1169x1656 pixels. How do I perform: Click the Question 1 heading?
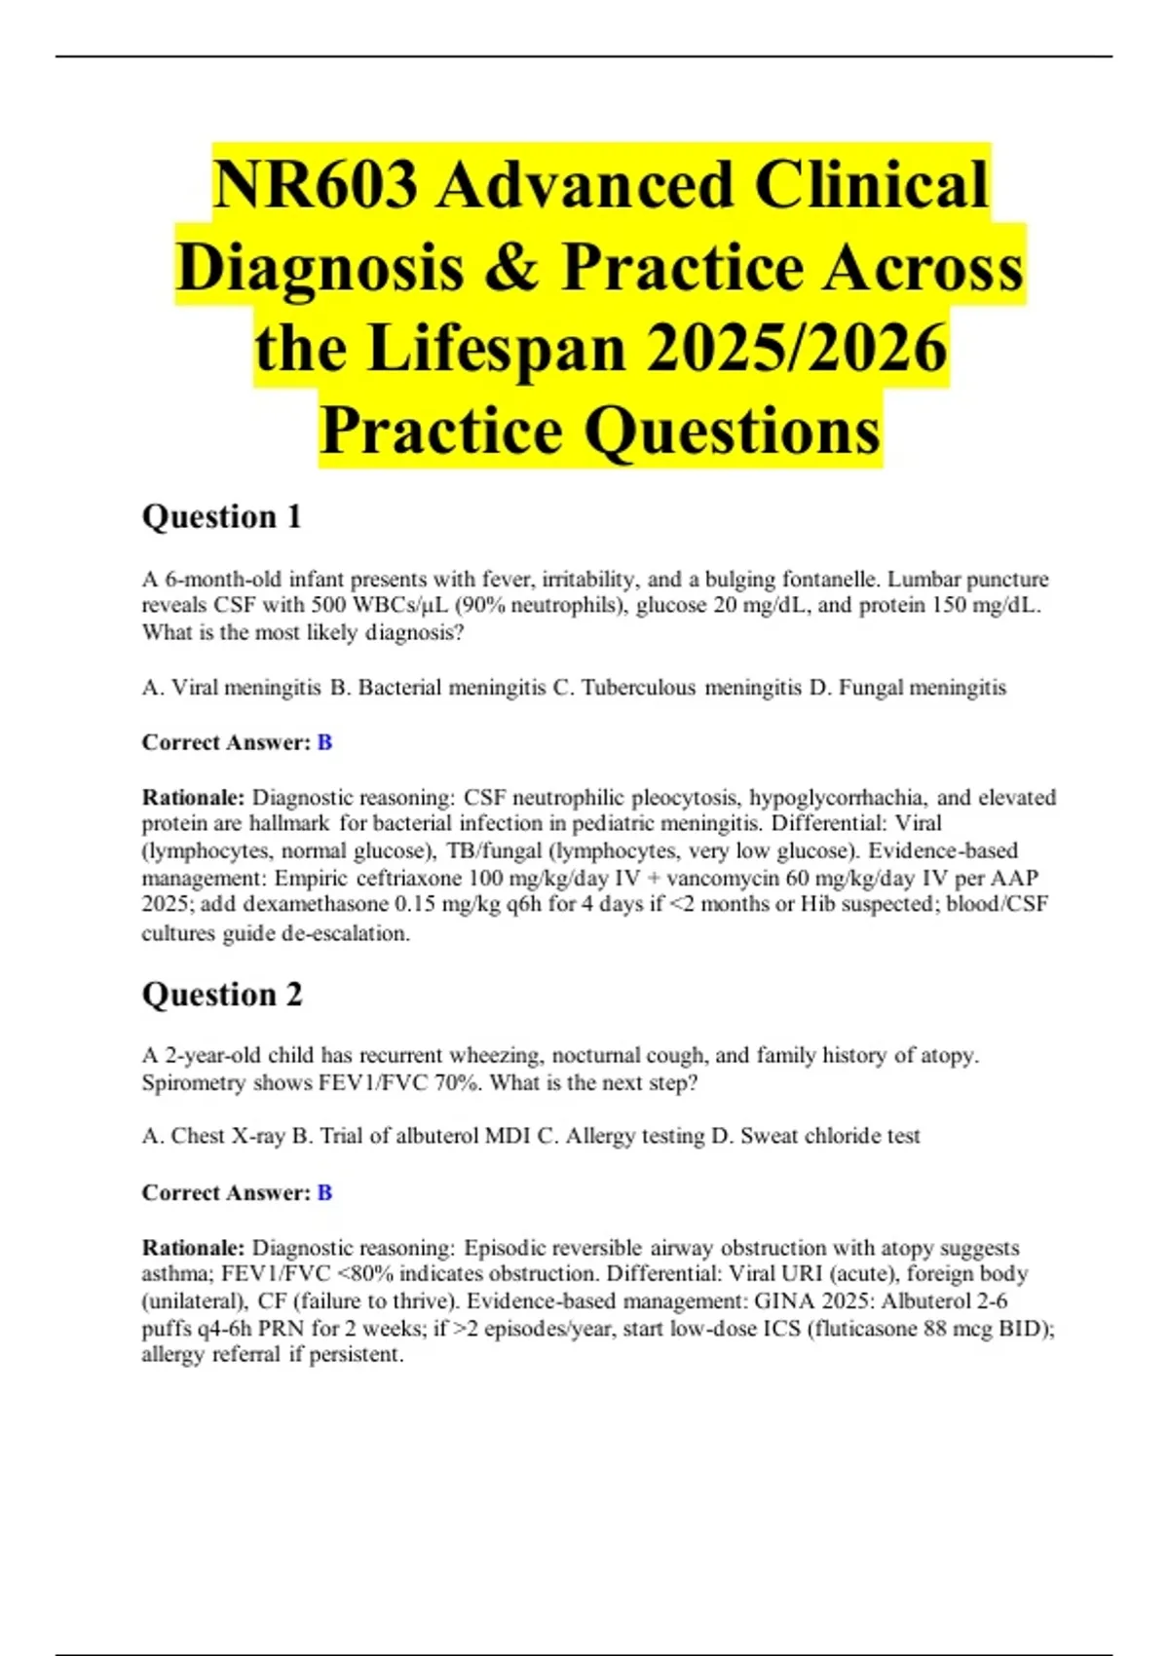(x=221, y=516)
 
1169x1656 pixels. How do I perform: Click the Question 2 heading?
(x=222, y=995)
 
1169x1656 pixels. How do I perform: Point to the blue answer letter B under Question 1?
(x=324, y=742)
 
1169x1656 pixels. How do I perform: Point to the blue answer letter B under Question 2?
(x=324, y=1192)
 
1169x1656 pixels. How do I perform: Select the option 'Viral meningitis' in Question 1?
(x=245, y=688)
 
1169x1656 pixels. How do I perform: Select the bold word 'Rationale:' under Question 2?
(x=193, y=1248)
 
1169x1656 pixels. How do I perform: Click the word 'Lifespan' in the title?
(x=497, y=349)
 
